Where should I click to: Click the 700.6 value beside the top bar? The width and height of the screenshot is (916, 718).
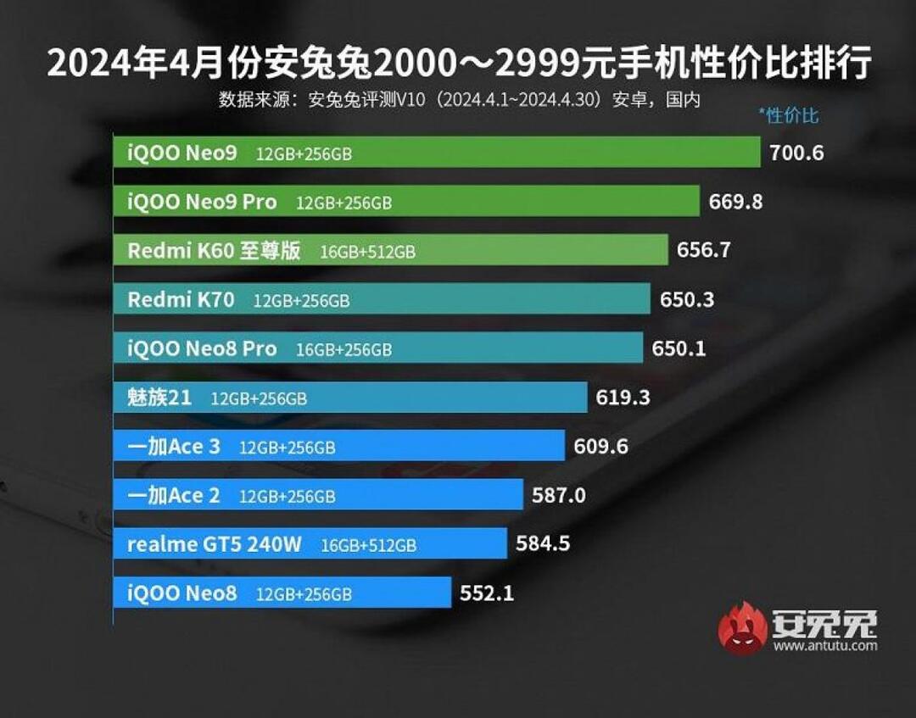click(796, 153)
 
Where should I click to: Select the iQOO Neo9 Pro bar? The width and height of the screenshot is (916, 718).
click(407, 202)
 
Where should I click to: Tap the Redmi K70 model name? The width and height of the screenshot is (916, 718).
click(181, 299)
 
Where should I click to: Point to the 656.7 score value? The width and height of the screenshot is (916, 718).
click(703, 250)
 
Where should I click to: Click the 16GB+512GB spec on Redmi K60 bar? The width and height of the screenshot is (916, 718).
click(367, 252)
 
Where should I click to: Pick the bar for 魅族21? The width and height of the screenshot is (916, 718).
click(350, 398)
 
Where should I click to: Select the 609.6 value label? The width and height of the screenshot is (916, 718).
click(600, 446)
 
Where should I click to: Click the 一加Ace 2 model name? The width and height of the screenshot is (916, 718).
click(173, 495)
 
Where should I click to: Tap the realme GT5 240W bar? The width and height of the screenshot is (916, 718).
click(310, 544)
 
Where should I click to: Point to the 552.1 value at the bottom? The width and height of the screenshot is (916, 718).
click(487, 593)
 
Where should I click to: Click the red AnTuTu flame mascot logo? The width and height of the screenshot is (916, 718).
click(742, 628)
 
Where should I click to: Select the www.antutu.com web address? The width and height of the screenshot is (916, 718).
click(824, 646)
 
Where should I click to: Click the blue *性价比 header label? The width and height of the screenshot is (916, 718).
click(788, 116)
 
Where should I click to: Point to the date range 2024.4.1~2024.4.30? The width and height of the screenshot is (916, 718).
click(521, 99)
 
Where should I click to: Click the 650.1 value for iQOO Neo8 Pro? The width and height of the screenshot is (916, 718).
click(679, 348)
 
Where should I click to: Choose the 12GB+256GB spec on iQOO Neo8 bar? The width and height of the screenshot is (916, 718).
click(304, 593)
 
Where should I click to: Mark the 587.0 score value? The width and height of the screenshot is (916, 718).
click(558, 495)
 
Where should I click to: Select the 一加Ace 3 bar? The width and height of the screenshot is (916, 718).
click(339, 446)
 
